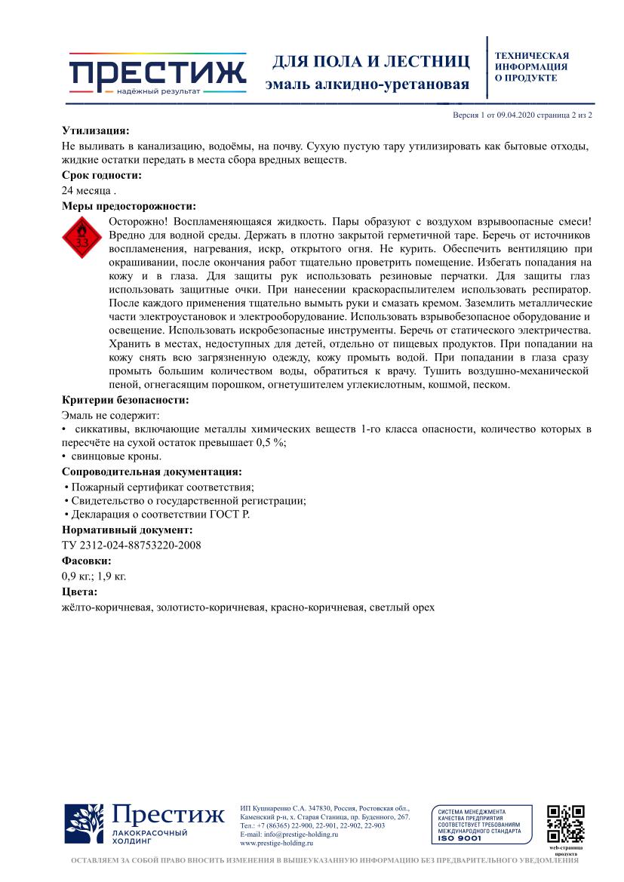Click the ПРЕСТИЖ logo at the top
pyautogui.click(x=157, y=74)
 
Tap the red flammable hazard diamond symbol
pyautogui.click(x=81, y=238)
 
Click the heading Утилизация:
pyautogui.click(x=95, y=130)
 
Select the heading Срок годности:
pyautogui.click(x=101, y=175)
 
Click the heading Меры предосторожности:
pyautogui.click(x=128, y=205)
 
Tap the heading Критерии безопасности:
pyautogui.click(x=125, y=400)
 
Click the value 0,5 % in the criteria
pyautogui.click(x=271, y=443)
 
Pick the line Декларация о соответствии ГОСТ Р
pyautogui.click(x=159, y=515)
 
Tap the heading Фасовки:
pyautogui.click(x=86, y=561)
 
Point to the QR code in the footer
pyautogui.click(x=566, y=823)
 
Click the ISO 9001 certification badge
pyautogui.click(x=482, y=824)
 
